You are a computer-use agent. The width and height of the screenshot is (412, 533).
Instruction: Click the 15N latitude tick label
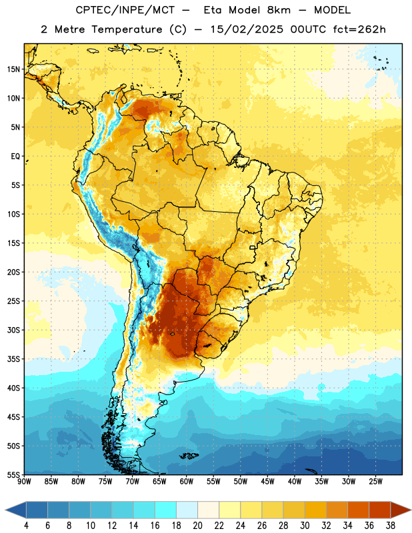pos(13,69)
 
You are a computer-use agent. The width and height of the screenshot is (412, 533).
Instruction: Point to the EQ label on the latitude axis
pos(15,157)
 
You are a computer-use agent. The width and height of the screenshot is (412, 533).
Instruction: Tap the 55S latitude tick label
pos(13,474)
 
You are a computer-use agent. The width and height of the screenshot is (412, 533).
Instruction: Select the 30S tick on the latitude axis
pos(13,330)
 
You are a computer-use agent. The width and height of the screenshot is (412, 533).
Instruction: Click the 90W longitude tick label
pos(24,482)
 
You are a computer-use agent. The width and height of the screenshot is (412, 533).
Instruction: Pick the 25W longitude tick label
pos(375,482)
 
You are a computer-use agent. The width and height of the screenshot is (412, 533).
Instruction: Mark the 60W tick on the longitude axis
pos(187,482)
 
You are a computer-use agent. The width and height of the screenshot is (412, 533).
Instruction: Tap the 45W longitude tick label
pos(267,482)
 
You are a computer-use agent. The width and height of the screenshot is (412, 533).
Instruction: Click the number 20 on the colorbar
pos(197,526)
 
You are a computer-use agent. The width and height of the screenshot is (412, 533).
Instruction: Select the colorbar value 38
pos(391,526)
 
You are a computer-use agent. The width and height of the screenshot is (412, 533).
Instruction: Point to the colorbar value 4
pos(26,526)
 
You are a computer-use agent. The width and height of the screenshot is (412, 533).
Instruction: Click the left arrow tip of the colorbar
pos(5,510)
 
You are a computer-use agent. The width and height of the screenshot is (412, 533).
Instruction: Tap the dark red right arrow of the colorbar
pos(401,510)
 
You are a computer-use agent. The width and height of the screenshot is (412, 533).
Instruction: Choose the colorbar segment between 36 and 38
pos(380,510)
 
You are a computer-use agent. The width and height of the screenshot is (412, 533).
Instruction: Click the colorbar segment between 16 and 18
pos(166,510)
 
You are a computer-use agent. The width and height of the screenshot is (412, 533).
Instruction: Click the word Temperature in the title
pos(127,29)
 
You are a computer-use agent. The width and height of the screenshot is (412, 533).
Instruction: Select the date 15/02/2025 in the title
pos(247,29)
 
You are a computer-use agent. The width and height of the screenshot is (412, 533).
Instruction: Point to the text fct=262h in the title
pos(359,29)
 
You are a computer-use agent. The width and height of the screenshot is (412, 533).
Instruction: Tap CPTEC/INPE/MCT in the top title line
pos(125,10)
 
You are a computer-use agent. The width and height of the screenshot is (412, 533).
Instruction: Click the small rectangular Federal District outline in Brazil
pos(253,247)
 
